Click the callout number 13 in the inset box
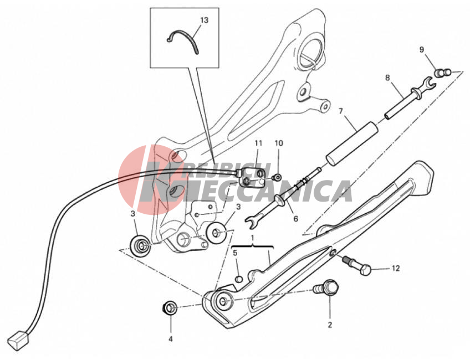pos(204,20)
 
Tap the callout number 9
pos(422,49)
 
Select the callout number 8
pos(387,78)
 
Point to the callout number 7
pos(340,111)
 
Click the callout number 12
pos(396,269)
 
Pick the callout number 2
pos(330,325)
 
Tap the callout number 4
pos(171,339)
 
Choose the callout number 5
pos(236,253)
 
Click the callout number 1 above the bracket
pos(252,238)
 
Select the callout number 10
pos(279,143)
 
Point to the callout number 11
pos(258,143)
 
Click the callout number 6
pos(295,219)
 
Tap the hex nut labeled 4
pos(169,307)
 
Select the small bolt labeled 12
pos(357,265)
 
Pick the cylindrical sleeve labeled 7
pos(352,143)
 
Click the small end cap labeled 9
pos(443,73)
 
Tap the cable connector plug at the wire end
pos(19,340)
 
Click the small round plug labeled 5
pos(238,279)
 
